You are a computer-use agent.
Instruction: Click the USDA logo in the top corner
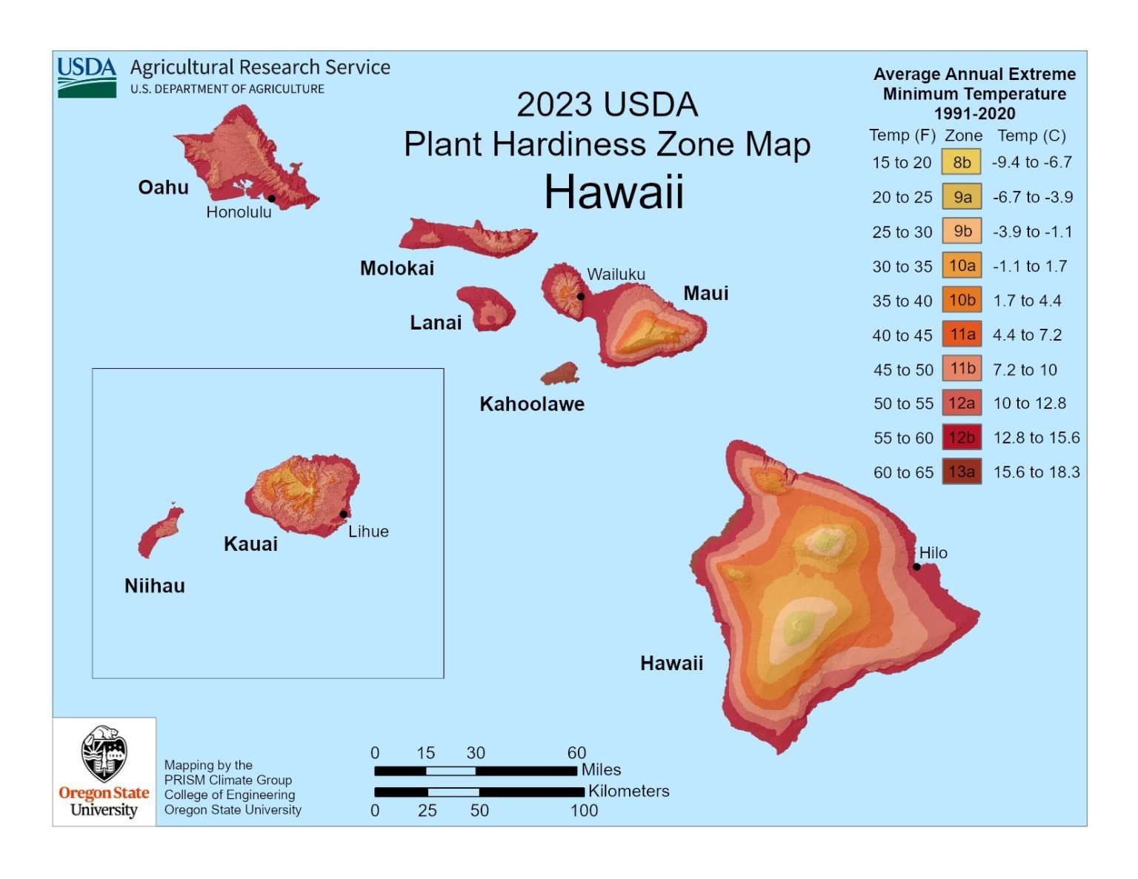(x=87, y=77)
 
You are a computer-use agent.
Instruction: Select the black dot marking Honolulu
(x=272, y=198)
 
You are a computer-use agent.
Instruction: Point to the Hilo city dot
(x=916, y=566)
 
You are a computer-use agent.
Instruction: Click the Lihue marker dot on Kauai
(x=343, y=514)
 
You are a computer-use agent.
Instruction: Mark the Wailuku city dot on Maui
(x=581, y=296)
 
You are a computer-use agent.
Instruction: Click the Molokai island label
(x=397, y=268)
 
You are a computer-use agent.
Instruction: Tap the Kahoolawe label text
(x=532, y=404)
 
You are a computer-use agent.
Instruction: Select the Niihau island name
(x=155, y=586)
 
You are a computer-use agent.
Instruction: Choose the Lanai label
(x=436, y=323)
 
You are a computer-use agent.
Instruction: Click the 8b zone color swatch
(x=962, y=162)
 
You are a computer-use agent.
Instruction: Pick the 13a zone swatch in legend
(x=962, y=472)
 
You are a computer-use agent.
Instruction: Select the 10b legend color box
(x=962, y=300)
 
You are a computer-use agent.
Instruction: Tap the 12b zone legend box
(x=962, y=438)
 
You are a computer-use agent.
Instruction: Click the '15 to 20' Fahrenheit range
(x=902, y=163)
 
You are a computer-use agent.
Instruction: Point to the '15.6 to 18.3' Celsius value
(x=1036, y=472)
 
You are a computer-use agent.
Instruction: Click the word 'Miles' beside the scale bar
(x=601, y=770)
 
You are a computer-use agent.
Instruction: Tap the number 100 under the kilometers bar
(x=584, y=811)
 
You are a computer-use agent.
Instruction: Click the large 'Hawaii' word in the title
(x=613, y=193)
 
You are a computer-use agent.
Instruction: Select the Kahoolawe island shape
(x=560, y=374)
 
